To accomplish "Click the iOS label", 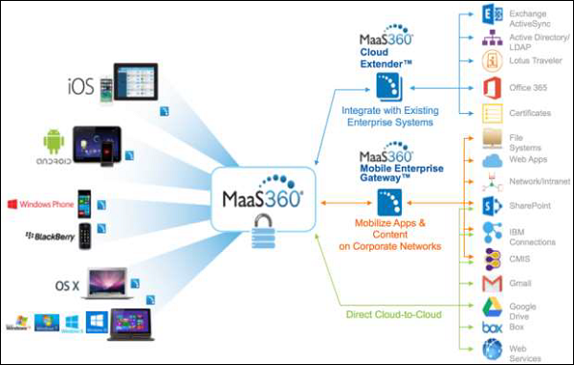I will click(x=80, y=88).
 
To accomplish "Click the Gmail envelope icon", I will click(x=495, y=285).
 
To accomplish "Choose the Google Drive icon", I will click(x=495, y=308).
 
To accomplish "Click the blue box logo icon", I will click(x=495, y=327).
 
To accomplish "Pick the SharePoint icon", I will click(x=495, y=207).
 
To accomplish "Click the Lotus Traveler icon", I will click(x=495, y=62).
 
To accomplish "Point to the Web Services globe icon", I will click(x=495, y=351).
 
